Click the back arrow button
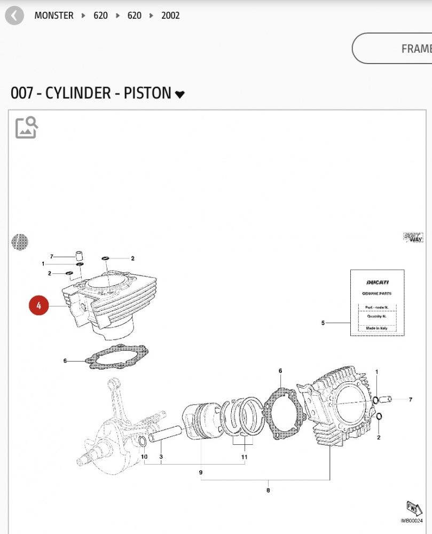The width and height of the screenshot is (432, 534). (x=14, y=15)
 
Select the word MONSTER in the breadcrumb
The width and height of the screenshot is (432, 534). (x=54, y=15)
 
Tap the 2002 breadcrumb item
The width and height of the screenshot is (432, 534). (x=170, y=15)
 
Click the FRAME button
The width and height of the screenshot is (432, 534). (x=415, y=49)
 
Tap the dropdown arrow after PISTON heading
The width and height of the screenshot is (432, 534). (x=180, y=95)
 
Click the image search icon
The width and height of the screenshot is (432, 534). (x=26, y=127)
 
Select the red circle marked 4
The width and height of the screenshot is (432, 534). (x=39, y=306)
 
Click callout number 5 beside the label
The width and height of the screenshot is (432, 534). (x=323, y=323)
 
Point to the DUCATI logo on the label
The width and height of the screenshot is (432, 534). (x=377, y=282)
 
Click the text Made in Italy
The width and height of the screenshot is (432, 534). (x=377, y=328)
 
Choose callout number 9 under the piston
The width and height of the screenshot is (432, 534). (x=201, y=473)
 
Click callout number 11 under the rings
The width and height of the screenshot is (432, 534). (x=244, y=457)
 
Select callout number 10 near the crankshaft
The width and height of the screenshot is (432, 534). (x=144, y=457)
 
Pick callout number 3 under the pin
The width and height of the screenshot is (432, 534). (x=161, y=457)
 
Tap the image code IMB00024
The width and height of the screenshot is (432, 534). (x=412, y=521)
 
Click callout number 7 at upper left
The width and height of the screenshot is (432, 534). (x=52, y=257)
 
